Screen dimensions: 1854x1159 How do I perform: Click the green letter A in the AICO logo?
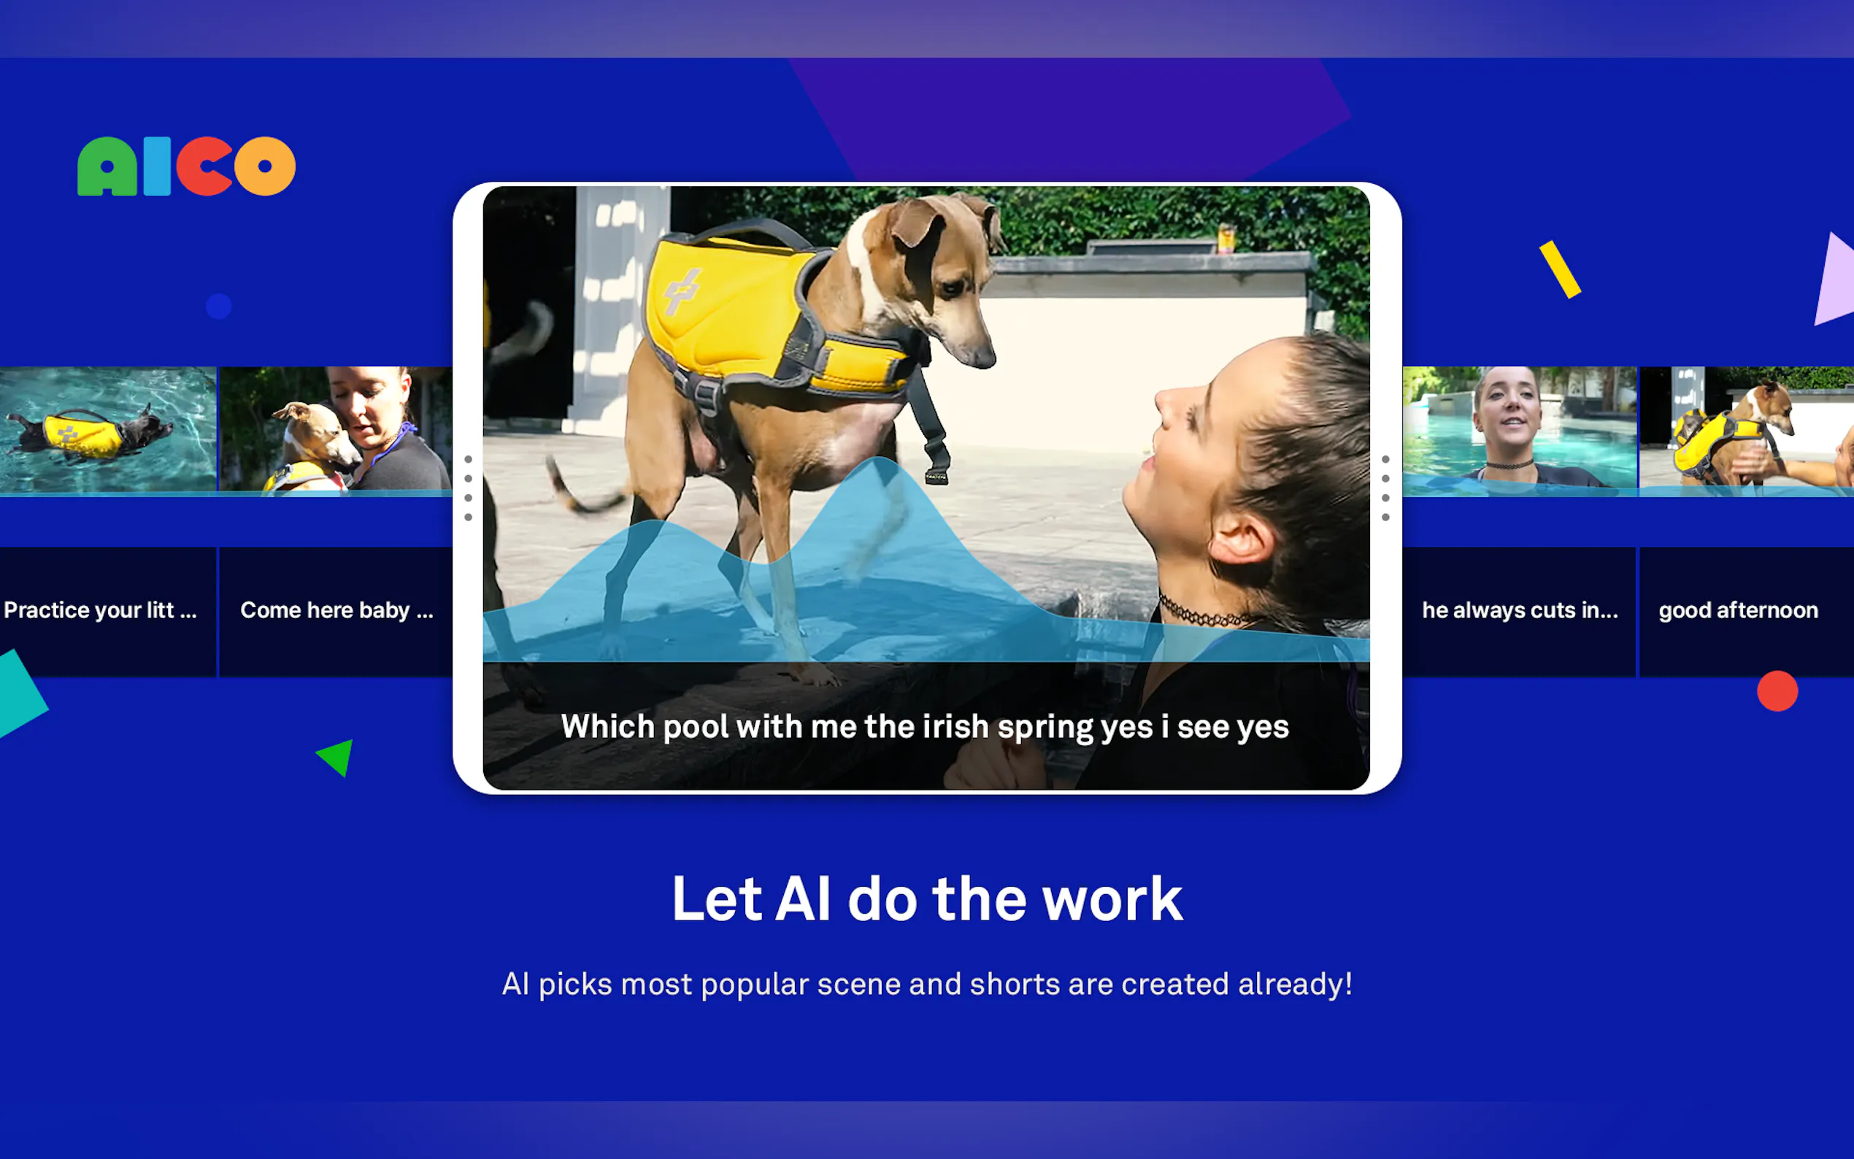(x=107, y=166)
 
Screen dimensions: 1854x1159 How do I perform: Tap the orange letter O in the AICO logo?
(x=265, y=166)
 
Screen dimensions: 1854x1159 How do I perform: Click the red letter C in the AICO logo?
(x=204, y=166)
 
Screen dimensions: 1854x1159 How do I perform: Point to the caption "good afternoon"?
(x=1738, y=610)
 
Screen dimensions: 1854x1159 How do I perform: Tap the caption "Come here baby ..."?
(x=337, y=610)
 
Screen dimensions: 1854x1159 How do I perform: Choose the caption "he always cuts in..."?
(x=1520, y=610)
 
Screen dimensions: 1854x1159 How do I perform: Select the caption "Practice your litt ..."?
(x=101, y=610)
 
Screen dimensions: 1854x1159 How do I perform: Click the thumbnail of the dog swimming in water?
(x=108, y=429)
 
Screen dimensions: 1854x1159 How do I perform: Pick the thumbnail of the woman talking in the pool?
(x=1520, y=429)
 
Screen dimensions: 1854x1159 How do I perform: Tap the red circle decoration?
(x=1777, y=691)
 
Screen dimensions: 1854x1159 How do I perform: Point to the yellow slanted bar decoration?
(x=1561, y=269)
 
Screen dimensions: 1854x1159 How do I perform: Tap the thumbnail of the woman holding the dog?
(x=336, y=429)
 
